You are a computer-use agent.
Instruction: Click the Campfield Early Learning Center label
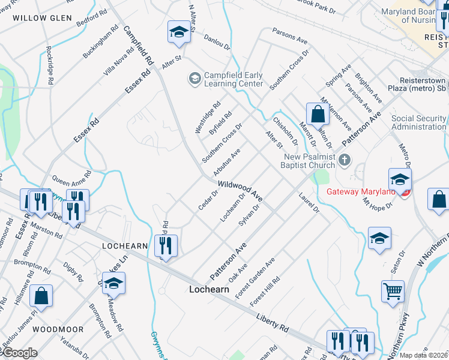(x=234, y=79)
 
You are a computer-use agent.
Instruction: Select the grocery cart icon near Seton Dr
(x=393, y=292)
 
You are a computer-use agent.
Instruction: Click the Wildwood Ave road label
(x=240, y=191)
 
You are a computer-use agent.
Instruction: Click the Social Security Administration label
(x=418, y=122)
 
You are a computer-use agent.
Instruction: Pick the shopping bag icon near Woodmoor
(x=41, y=296)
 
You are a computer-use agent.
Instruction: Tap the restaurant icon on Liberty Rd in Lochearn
(x=166, y=245)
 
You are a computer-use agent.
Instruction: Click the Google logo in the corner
(x=19, y=353)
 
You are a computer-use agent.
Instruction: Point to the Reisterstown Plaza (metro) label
(x=423, y=85)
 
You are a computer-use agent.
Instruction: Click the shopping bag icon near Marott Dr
(x=318, y=114)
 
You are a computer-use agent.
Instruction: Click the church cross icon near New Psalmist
(x=345, y=160)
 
